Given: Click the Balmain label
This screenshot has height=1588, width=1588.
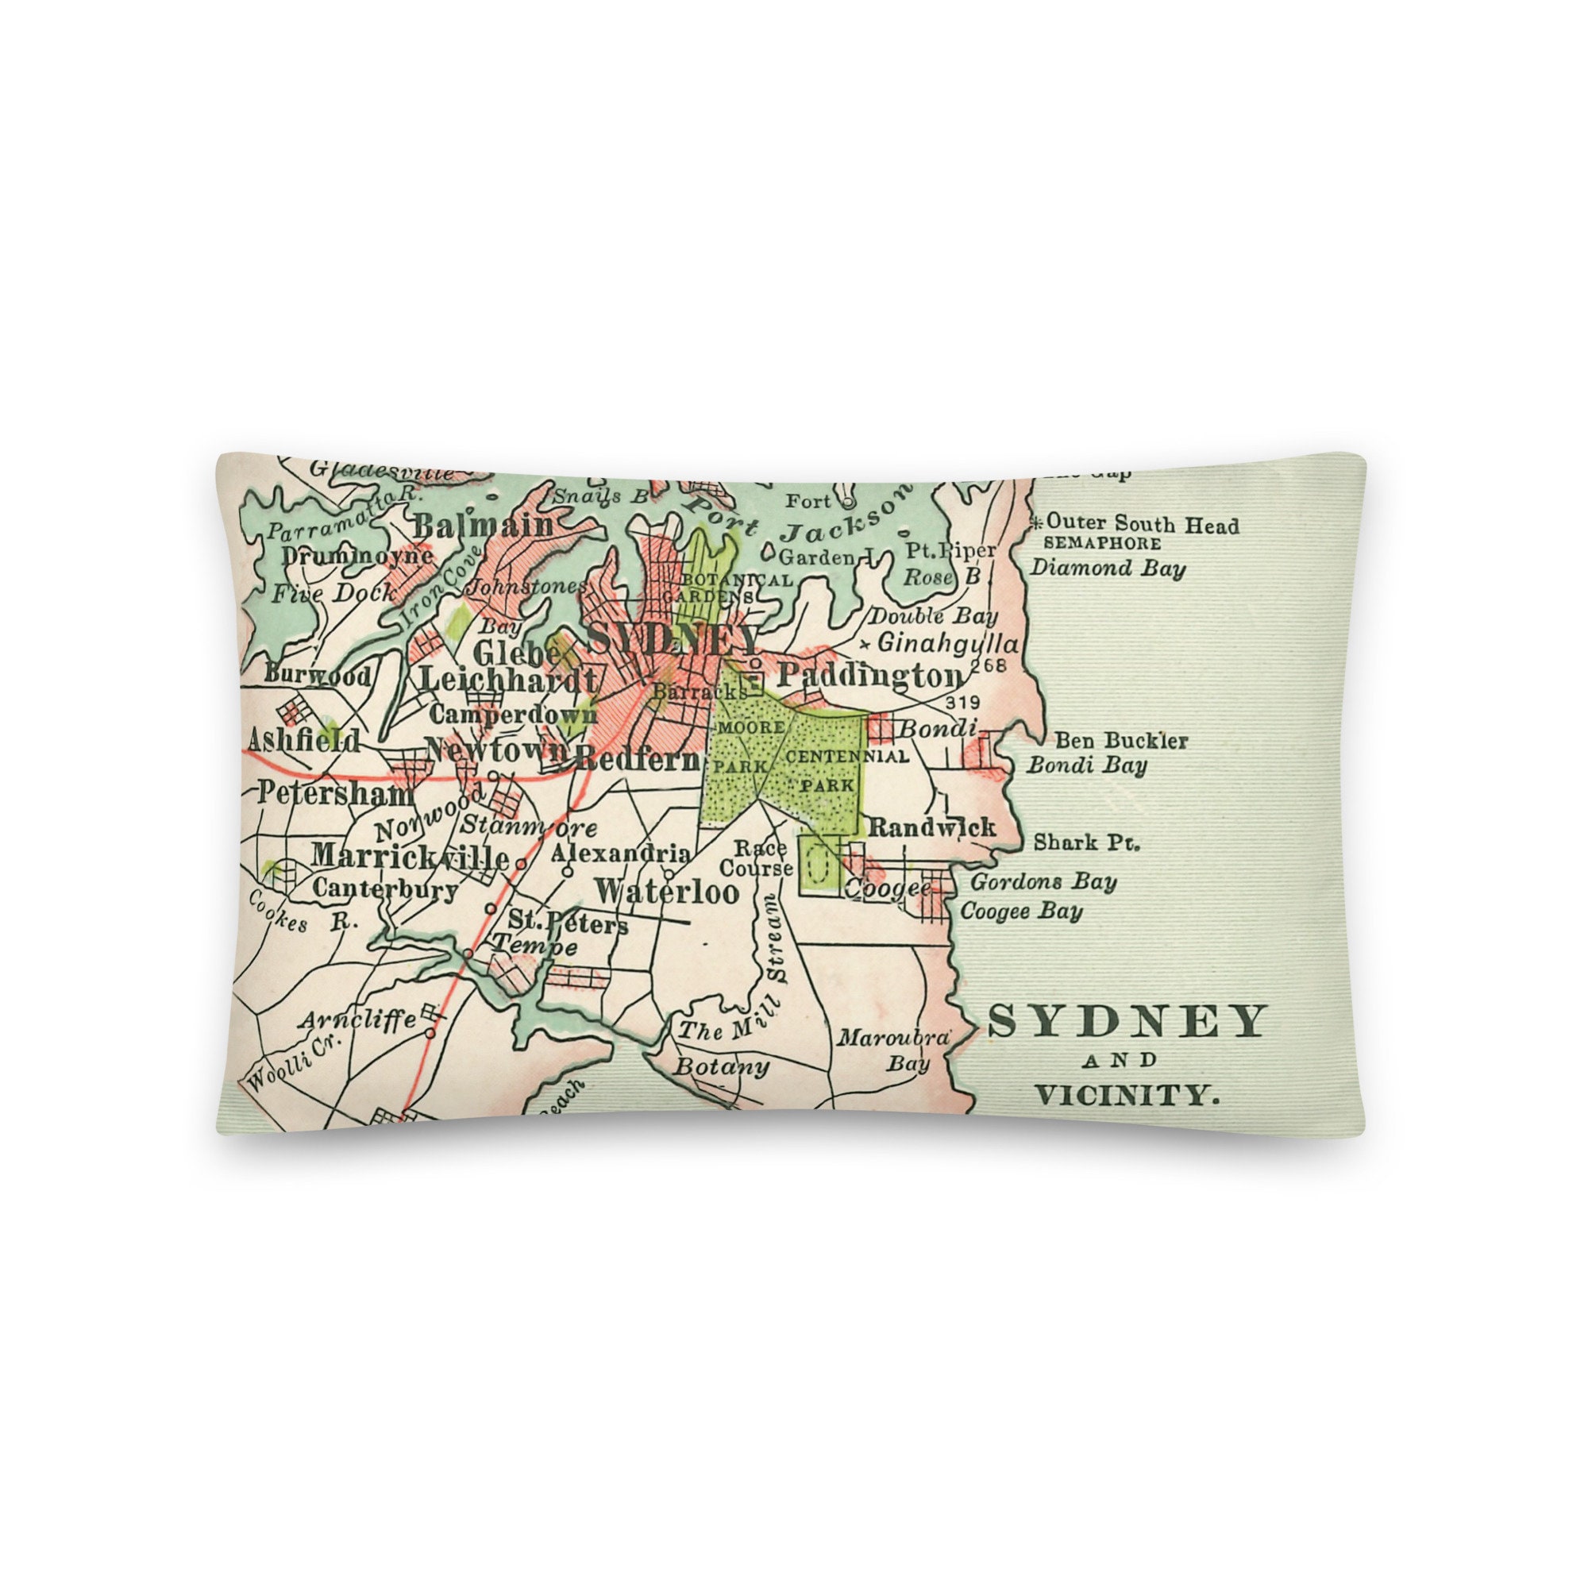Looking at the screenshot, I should (x=484, y=525).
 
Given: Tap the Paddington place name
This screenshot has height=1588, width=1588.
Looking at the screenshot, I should (x=869, y=676).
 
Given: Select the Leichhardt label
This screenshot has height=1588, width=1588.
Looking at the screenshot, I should (x=508, y=680).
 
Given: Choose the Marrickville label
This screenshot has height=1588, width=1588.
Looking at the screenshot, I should (x=410, y=857).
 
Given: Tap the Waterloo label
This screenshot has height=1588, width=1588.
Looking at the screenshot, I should (x=667, y=891).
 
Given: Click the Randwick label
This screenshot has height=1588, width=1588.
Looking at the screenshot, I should (x=932, y=827).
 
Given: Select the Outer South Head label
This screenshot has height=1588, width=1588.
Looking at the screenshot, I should (x=1142, y=523).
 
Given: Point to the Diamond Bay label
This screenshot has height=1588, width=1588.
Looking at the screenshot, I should (x=1108, y=568).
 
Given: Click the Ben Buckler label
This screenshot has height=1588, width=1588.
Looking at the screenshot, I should (x=1121, y=741).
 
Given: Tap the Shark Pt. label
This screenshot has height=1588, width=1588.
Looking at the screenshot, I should (x=1087, y=842).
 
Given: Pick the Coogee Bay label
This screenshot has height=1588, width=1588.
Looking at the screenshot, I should (x=1021, y=912).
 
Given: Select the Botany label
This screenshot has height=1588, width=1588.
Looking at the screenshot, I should (x=721, y=1068).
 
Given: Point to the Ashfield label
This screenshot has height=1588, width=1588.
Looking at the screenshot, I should (x=304, y=741).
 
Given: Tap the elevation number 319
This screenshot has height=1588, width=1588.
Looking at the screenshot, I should (x=963, y=702).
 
